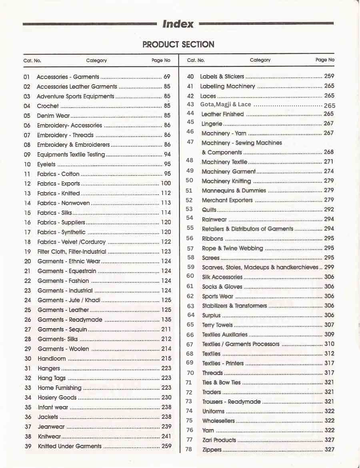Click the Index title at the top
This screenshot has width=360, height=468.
point(178,24)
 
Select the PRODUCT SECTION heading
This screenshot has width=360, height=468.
point(178,44)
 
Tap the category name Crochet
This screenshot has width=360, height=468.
point(48,106)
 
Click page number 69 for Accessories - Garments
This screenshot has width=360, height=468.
point(167,76)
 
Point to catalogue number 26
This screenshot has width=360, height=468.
point(28,320)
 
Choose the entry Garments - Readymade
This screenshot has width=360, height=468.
point(70,320)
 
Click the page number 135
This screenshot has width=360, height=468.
point(166,320)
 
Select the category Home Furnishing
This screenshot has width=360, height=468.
point(60,388)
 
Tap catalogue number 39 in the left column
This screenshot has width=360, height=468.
point(28,446)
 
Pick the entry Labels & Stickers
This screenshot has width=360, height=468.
point(222,76)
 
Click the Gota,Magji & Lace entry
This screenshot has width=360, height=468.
point(226,105)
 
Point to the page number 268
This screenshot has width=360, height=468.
point(329,152)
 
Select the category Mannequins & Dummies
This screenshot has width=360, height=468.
point(234,191)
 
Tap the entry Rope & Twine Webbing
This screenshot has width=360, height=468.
point(232,248)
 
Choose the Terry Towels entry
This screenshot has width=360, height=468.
point(217,325)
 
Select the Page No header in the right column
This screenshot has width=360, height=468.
point(325,60)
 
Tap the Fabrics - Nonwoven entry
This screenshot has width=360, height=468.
point(64,203)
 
